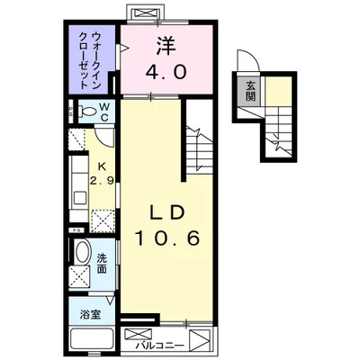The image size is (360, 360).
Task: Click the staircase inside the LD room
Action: [197, 144]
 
